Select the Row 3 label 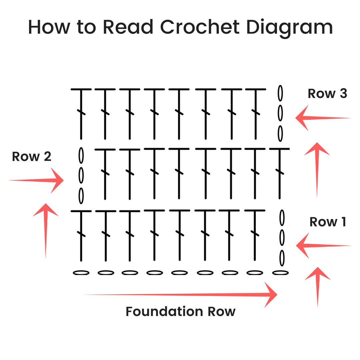coord(327,94)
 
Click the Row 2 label coord(32,156)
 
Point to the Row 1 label coord(328,222)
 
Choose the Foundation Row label coord(180,311)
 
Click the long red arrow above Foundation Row coord(180,294)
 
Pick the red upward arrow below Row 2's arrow coord(46,230)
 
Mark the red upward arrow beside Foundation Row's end coord(318,287)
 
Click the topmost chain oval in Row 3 coord(280,93)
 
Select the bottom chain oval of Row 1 coord(282,258)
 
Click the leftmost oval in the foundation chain coord(81,273)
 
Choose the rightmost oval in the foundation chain coord(280,273)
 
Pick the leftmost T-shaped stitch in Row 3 coord(81,113)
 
